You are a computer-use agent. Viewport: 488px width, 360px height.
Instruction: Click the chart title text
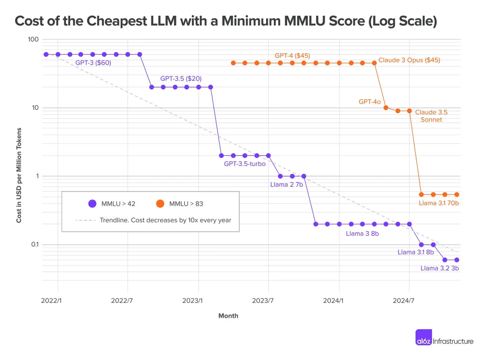click(225, 21)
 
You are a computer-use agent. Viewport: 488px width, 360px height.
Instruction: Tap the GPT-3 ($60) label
click(93, 63)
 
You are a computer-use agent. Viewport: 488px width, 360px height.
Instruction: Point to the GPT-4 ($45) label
click(292, 56)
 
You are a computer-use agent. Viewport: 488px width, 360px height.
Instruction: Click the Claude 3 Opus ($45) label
click(409, 60)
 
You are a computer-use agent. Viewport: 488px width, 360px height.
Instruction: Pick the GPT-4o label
click(370, 102)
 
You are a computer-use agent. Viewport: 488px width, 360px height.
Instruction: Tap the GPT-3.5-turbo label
click(244, 164)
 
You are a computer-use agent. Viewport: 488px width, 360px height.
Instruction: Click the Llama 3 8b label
click(362, 234)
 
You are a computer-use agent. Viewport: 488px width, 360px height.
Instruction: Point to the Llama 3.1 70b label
click(439, 203)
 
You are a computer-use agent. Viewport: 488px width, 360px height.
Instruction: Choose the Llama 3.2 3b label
click(440, 268)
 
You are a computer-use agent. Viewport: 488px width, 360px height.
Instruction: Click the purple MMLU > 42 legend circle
click(92, 204)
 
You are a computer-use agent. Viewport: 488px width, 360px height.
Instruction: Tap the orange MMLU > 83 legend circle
click(160, 204)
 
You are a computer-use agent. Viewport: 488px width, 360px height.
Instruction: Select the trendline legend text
click(165, 220)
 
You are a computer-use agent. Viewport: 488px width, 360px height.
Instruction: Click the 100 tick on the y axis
click(33, 40)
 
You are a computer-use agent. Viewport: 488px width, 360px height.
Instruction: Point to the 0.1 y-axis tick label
click(34, 245)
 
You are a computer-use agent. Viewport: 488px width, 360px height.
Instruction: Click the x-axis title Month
click(228, 316)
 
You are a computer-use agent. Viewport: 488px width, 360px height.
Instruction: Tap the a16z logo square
click(423, 337)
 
